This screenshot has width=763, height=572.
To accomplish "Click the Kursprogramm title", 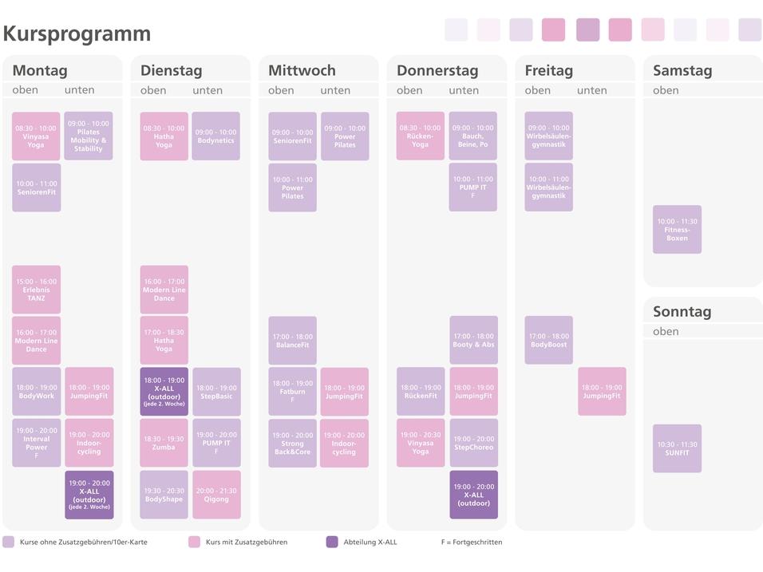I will click(77, 34).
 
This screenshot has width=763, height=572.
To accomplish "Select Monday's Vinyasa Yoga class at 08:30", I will click(36, 136).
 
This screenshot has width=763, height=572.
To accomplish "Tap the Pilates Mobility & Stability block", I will click(89, 136).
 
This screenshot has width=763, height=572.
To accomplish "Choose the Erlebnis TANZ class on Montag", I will click(36, 290).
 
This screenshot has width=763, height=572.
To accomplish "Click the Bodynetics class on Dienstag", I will click(215, 136).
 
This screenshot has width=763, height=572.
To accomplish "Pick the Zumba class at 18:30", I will click(164, 443).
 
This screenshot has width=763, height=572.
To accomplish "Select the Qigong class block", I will click(215, 495).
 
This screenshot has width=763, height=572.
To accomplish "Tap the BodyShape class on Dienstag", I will click(164, 495).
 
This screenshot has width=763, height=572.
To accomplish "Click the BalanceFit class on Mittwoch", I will click(292, 341).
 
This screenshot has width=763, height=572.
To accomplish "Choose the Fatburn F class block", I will click(292, 392).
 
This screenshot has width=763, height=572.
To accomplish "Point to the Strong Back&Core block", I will click(292, 443).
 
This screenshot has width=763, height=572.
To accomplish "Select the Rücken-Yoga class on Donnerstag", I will click(420, 136).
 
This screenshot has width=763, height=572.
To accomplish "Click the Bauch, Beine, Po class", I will click(472, 136).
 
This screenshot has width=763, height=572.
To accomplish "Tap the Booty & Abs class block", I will click(473, 341).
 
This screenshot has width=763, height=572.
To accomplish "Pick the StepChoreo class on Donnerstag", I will click(473, 443).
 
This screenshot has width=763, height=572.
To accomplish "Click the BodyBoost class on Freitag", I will click(548, 341).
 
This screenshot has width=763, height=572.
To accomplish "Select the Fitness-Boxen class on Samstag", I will click(677, 230).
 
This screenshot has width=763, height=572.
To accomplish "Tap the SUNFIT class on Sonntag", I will click(677, 448).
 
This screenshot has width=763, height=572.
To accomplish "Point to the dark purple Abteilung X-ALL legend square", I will click(332, 542).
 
